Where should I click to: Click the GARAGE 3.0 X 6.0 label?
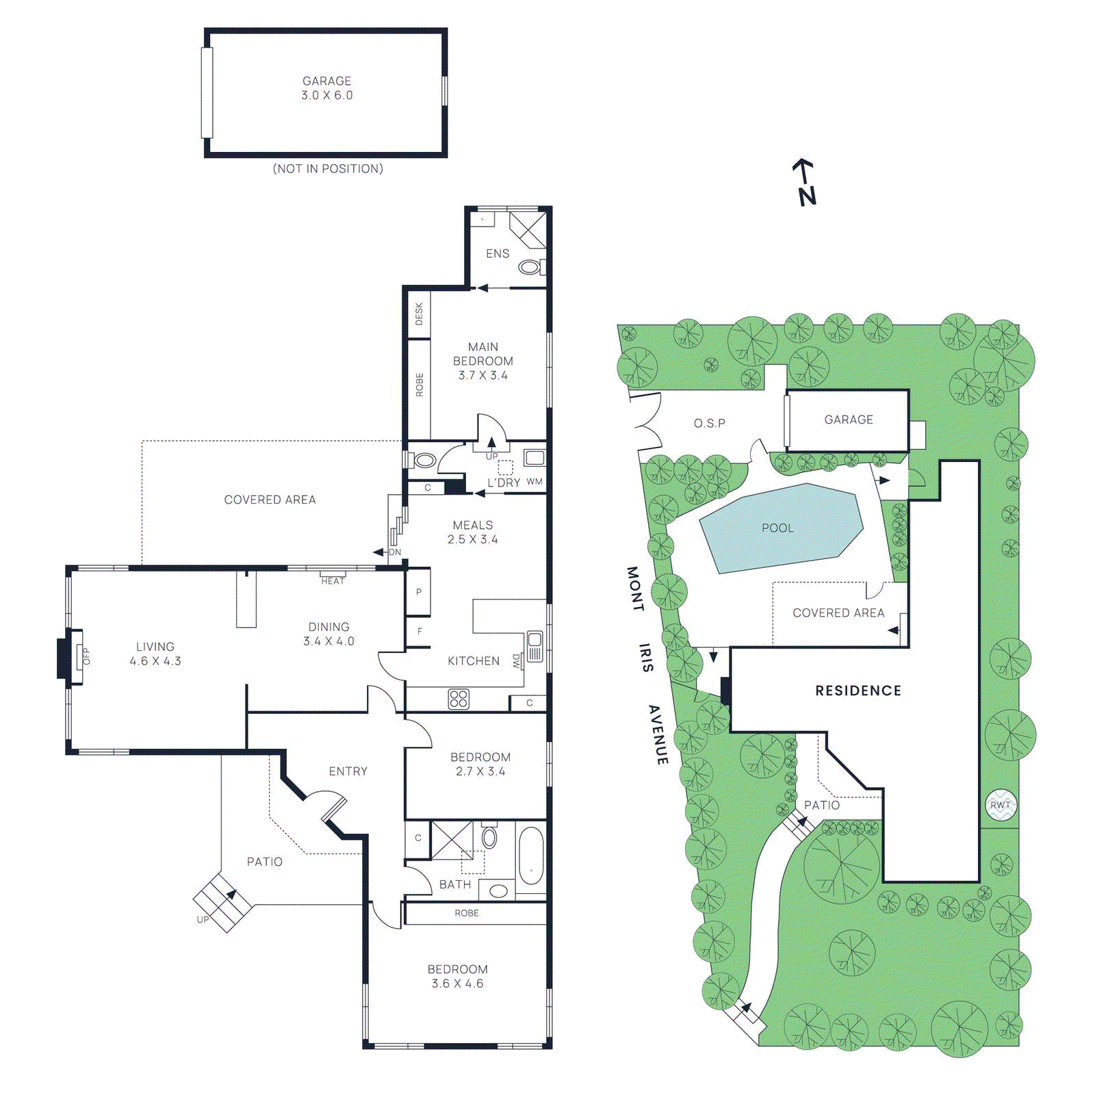(x=327, y=88)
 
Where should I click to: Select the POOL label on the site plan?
(x=777, y=528)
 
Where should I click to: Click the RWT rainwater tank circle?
(x=1000, y=805)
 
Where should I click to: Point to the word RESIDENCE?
(x=858, y=691)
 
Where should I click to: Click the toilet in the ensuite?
(x=529, y=267)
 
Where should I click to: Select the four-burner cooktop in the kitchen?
(x=459, y=699)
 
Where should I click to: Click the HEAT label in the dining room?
(x=333, y=581)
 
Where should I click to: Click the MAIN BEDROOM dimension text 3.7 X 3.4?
(x=482, y=375)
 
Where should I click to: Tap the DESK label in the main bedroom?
(x=419, y=313)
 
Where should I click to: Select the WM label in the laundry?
(x=534, y=482)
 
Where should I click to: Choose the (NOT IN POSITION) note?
(x=328, y=168)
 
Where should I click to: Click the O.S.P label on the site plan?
(x=709, y=423)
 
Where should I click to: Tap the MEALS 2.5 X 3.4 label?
(x=472, y=532)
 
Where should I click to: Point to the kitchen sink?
(x=534, y=645)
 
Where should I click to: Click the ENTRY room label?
(x=348, y=771)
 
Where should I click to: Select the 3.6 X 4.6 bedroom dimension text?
(x=457, y=983)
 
